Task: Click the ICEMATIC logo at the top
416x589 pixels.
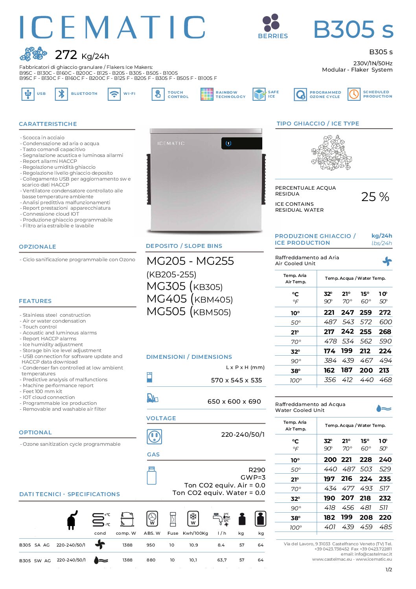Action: tap(112, 28)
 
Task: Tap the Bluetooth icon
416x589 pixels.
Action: tap(61, 94)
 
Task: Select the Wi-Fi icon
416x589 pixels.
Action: tap(114, 94)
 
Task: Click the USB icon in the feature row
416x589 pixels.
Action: tap(28, 94)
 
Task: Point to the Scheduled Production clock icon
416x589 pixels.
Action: tap(354, 94)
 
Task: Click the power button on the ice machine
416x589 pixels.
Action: tap(228, 143)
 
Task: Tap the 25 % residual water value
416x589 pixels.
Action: tap(375, 197)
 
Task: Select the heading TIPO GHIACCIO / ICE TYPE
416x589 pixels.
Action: tap(318, 124)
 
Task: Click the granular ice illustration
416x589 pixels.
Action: tap(331, 153)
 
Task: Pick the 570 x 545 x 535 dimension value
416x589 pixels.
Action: tap(236, 380)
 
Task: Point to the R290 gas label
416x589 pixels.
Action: tap(257, 470)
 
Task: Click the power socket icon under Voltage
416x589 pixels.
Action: tap(154, 436)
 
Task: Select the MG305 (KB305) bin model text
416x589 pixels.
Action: tap(184, 286)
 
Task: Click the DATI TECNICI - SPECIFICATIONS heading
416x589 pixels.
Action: tap(69, 494)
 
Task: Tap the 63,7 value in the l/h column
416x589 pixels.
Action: tap(222, 560)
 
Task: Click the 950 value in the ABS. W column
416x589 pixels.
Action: tap(151, 545)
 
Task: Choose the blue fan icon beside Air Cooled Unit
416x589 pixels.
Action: tap(387, 261)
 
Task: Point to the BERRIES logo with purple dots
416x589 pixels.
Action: tap(272, 26)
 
